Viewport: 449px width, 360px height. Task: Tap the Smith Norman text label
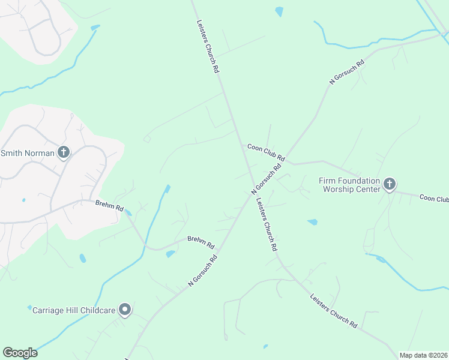coord(27,153)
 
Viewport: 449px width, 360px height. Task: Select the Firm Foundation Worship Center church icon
coord(390,184)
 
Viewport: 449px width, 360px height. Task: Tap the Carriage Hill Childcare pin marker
coord(125,310)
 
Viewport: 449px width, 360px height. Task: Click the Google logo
coord(20,353)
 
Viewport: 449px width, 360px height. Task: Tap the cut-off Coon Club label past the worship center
coord(434,198)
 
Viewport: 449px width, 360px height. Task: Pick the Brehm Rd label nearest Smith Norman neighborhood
coord(109,206)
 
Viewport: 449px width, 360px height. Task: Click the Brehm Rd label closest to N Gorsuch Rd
coord(200,242)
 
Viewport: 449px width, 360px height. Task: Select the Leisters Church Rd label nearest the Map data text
coord(334,311)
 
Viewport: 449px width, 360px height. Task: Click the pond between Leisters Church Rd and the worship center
coord(312,222)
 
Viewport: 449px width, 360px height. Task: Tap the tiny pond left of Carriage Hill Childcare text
coord(29,308)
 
